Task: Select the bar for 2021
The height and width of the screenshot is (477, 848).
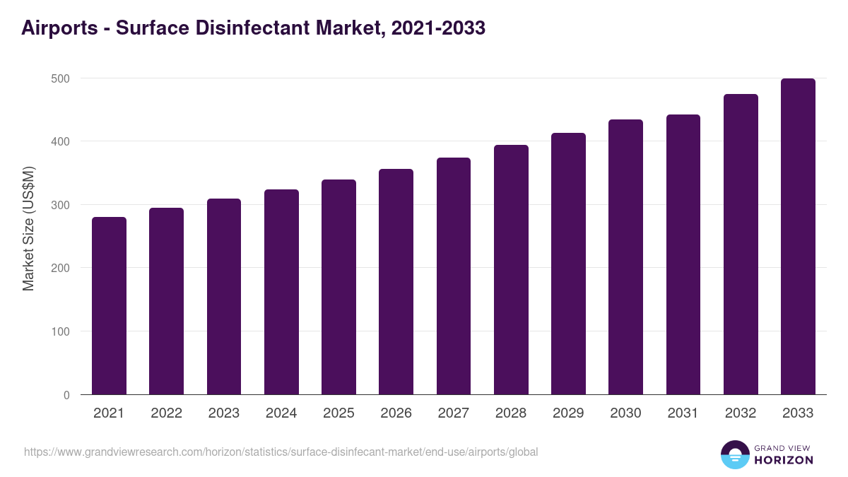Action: (109, 306)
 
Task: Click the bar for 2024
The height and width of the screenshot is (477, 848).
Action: (281, 292)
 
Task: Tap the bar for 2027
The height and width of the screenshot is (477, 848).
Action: (454, 276)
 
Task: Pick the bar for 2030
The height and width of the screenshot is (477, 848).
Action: (625, 257)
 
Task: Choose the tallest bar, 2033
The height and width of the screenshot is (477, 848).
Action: (798, 237)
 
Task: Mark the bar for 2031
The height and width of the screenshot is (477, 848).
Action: (683, 254)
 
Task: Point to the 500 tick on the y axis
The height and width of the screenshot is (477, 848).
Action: (61, 78)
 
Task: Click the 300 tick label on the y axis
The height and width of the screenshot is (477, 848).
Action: (61, 205)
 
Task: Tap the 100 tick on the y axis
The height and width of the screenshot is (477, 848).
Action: (61, 331)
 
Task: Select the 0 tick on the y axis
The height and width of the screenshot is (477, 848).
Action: (66, 395)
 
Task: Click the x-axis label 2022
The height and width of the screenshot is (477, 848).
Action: (166, 413)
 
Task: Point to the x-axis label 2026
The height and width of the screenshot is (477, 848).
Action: (396, 413)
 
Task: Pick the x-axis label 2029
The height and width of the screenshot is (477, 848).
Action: (568, 413)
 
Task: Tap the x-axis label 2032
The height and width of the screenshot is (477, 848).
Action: (741, 413)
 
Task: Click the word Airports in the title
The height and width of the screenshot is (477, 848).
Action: (59, 28)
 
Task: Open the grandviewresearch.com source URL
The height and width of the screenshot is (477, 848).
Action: (281, 452)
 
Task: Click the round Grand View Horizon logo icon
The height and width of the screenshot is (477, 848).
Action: (734, 454)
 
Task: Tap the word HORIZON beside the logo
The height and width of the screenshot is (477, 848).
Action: (784, 460)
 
